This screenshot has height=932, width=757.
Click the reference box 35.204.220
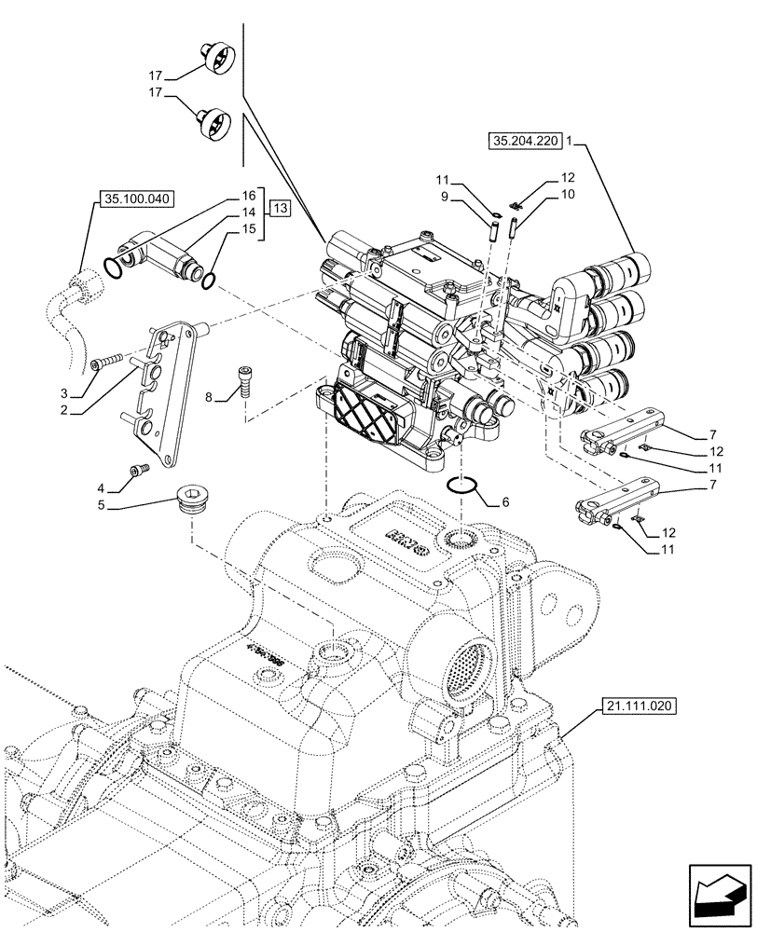523,142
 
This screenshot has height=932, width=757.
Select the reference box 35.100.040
133,199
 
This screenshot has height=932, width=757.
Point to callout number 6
505,501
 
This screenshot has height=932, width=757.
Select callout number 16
248,197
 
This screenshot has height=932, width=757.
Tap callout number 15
248,228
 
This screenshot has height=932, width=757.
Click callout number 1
570,142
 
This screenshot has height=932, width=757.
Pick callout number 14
248,212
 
